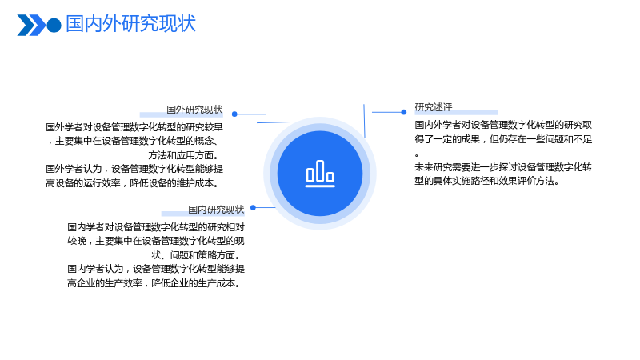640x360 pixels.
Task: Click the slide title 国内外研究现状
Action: click(x=130, y=24)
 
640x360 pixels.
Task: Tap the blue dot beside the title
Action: click(x=54, y=26)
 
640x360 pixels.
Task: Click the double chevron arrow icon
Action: click(x=31, y=26)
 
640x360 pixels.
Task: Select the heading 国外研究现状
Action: click(x=194, y=110)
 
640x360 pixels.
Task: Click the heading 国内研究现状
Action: click(x=216, y=210)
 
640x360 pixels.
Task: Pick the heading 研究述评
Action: click(x=434, y=107)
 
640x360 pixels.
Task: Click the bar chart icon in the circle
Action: click(x=320, y=174)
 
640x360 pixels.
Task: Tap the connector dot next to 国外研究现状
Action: click(x=234, y=114)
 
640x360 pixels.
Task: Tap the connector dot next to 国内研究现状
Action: click(x=253, y=208)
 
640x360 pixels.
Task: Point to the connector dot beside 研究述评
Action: click(x=404, y=112)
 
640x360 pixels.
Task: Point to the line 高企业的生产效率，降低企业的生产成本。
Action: click(x=155, y=283)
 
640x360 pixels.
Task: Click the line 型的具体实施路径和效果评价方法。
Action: click(x=487, y=181)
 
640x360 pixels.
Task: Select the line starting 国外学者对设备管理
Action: click(x=134, y=127)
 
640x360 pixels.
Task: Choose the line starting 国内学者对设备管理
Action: click(x=156, y=227)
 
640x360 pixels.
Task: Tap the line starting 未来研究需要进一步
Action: click(x=503, y=167)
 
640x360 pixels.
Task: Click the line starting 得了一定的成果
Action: click(x=503, y=139)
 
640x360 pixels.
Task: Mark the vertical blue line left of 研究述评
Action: click(x=365, y=121)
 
